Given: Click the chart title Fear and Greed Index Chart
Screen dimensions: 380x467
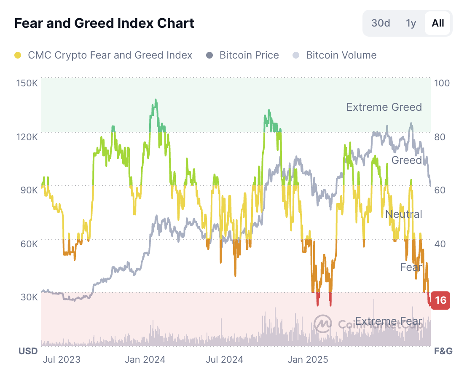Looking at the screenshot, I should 104,23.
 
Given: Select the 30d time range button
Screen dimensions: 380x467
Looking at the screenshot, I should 381,23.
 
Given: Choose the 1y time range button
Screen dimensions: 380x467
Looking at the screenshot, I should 411,23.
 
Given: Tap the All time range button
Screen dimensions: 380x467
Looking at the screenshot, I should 438,23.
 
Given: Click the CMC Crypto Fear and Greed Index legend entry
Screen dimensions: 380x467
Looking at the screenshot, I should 104,55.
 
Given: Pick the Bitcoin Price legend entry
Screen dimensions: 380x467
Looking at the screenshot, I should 243,55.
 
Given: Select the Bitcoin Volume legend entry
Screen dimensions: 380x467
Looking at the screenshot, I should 335,55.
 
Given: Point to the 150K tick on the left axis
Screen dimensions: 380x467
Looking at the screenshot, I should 27,83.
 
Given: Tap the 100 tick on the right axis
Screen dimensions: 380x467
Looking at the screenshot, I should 442,83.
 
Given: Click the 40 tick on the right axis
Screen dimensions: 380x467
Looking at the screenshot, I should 440,244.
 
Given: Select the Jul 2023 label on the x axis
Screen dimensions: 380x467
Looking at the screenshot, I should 62,359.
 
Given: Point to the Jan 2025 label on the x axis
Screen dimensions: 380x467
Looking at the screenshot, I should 308,359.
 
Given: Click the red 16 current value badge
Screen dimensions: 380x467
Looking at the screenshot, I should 440,300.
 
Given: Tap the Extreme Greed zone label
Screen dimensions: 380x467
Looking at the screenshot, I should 384,107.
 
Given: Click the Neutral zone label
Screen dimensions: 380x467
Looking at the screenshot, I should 403,214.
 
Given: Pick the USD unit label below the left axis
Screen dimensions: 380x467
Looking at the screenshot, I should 28,351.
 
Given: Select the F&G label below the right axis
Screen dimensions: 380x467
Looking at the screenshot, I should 443,351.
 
